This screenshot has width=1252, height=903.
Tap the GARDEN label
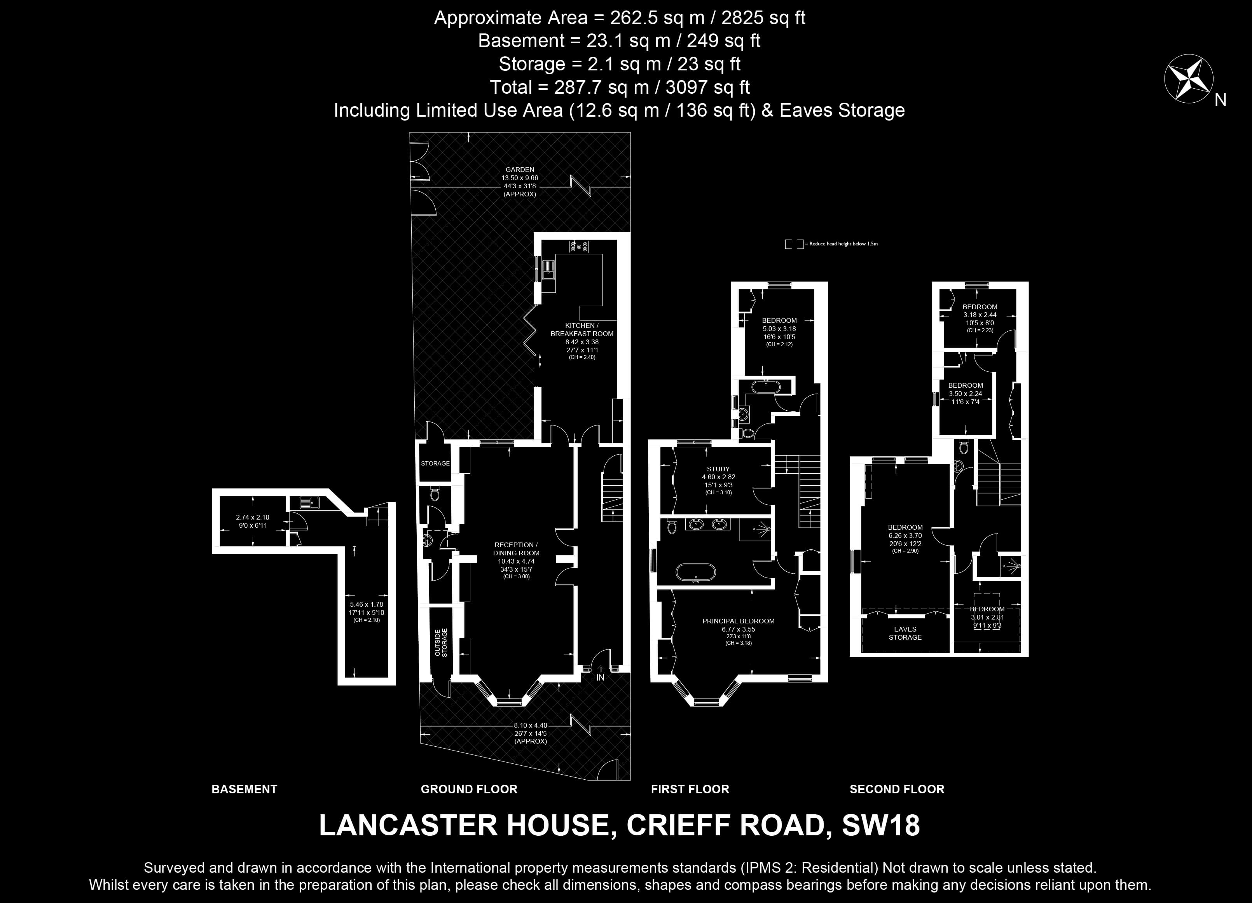point(519,170)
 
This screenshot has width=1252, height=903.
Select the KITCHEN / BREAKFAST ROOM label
point(582,330)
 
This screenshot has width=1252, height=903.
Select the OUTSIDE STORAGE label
point(441,642)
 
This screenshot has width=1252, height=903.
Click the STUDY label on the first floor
point(718,469)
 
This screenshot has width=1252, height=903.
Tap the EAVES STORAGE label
point(905,633)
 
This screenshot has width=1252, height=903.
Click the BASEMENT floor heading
point(244,789)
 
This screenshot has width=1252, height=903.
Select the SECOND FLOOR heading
point(897,789)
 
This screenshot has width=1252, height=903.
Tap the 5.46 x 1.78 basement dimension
point(367,604)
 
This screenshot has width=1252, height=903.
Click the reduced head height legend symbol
point(795,243)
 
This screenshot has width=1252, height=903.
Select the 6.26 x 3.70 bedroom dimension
point(905,535)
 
